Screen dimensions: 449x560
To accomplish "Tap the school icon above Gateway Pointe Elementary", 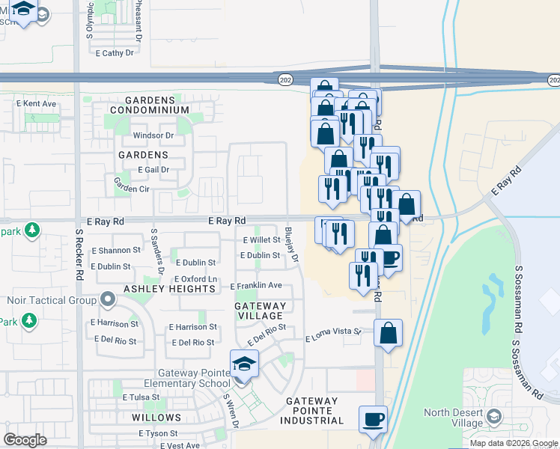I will [x=244, y=364].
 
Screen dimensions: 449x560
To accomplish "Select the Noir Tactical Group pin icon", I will [x=107, y=301].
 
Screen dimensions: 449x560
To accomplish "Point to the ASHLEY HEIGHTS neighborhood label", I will [x=169, y=289].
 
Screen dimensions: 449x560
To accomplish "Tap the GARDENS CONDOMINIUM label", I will [x=157, y=105].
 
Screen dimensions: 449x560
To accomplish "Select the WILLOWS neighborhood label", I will [x=156, y=417].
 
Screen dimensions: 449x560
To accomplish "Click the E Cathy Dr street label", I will [x=115, y=53].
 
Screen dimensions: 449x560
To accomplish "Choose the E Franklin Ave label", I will [x=256, y=286].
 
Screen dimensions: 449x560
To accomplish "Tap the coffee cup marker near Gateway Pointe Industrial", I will [x=373, y=419].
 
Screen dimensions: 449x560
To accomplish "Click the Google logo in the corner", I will [x=25, y=439].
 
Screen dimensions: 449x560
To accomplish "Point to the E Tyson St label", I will [x=158, y=433].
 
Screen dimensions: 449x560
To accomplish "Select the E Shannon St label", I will [x=115, y=250].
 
